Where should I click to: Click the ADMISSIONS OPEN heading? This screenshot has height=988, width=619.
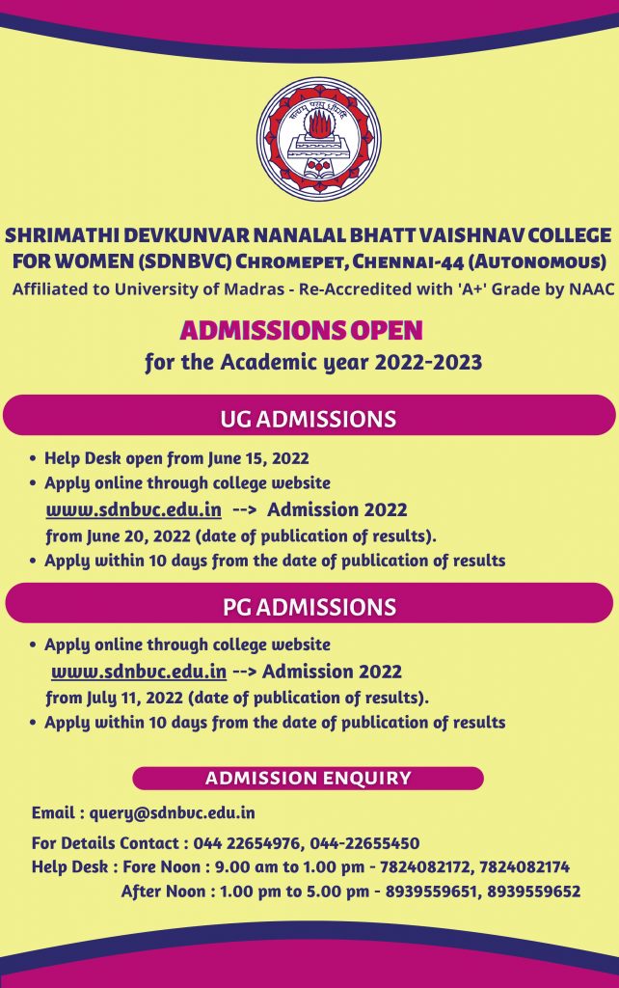(302, 331)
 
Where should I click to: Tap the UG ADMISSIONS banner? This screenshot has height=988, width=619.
(309, 419)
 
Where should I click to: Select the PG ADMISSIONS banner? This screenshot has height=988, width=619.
(309, 606)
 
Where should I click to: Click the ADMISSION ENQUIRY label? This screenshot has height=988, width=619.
(309, 778)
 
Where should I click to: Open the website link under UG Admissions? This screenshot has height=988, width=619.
(134, 508)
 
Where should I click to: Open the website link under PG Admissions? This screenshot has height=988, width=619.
(139, 671)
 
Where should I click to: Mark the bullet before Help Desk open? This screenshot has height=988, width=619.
(35, 459)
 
